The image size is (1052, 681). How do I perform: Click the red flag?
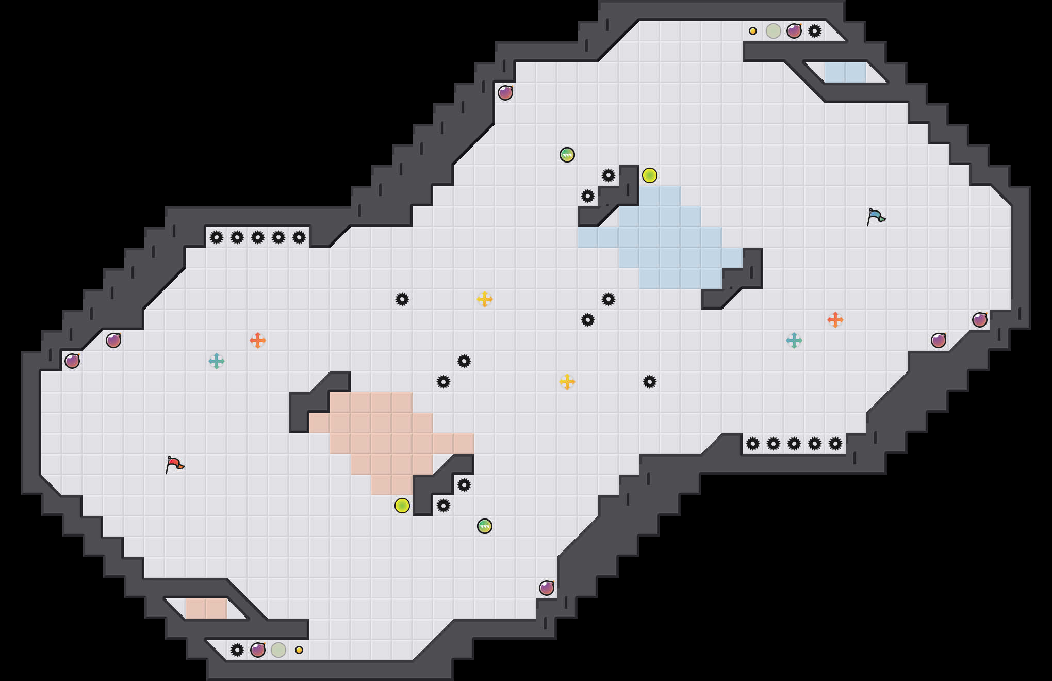[174, 464]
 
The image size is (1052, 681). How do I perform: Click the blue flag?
[876, 217]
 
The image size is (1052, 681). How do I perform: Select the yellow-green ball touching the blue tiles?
[650, 175]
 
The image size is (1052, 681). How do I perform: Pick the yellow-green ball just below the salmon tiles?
[402, 506]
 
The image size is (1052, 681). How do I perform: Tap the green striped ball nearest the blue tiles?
[567, 155]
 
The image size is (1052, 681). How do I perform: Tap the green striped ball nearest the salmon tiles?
[485, 526]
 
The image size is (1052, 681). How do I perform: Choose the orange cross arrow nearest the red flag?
[258, 340]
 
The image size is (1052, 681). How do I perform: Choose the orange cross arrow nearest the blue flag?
[835, 320]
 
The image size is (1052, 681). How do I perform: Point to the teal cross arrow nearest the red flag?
[217, 361]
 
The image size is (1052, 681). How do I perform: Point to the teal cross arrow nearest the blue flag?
[794, 340]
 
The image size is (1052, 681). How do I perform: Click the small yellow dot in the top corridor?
[753, 31]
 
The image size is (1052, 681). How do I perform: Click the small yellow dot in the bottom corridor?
[299, 650]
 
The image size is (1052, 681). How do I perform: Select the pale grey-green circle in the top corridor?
[774, 31]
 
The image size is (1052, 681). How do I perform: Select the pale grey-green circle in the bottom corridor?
[278, 650]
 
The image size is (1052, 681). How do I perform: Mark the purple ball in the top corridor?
[794, 31]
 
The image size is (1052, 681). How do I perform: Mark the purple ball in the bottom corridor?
[258, 650]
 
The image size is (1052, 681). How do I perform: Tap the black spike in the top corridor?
[815, 31]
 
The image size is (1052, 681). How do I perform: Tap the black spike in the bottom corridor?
[237, 650]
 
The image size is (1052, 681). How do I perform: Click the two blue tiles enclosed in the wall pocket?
[846, 72]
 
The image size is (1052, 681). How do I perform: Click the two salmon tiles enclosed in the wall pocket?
[206, 609]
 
